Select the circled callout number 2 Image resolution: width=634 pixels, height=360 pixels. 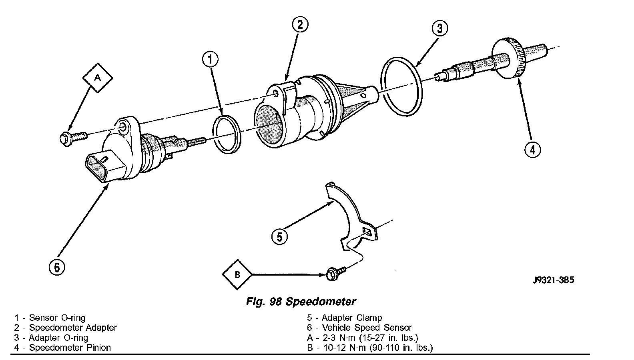(x=300, y=25)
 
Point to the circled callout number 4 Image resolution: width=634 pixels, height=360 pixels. (x=532, y=150)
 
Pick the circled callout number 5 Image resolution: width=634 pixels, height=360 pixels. (x=279, y=236)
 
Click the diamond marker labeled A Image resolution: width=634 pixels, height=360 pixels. (x=97, y=78)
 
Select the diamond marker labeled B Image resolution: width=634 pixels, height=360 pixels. (x=237, y=275)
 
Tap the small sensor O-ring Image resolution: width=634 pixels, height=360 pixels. (x=226, y=134)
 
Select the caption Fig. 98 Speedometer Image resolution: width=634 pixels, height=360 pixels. (x=301, y=301)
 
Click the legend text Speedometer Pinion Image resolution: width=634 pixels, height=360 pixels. (x=70, y=348)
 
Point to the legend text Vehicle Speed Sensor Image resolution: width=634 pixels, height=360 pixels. (x=367, y=328)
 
